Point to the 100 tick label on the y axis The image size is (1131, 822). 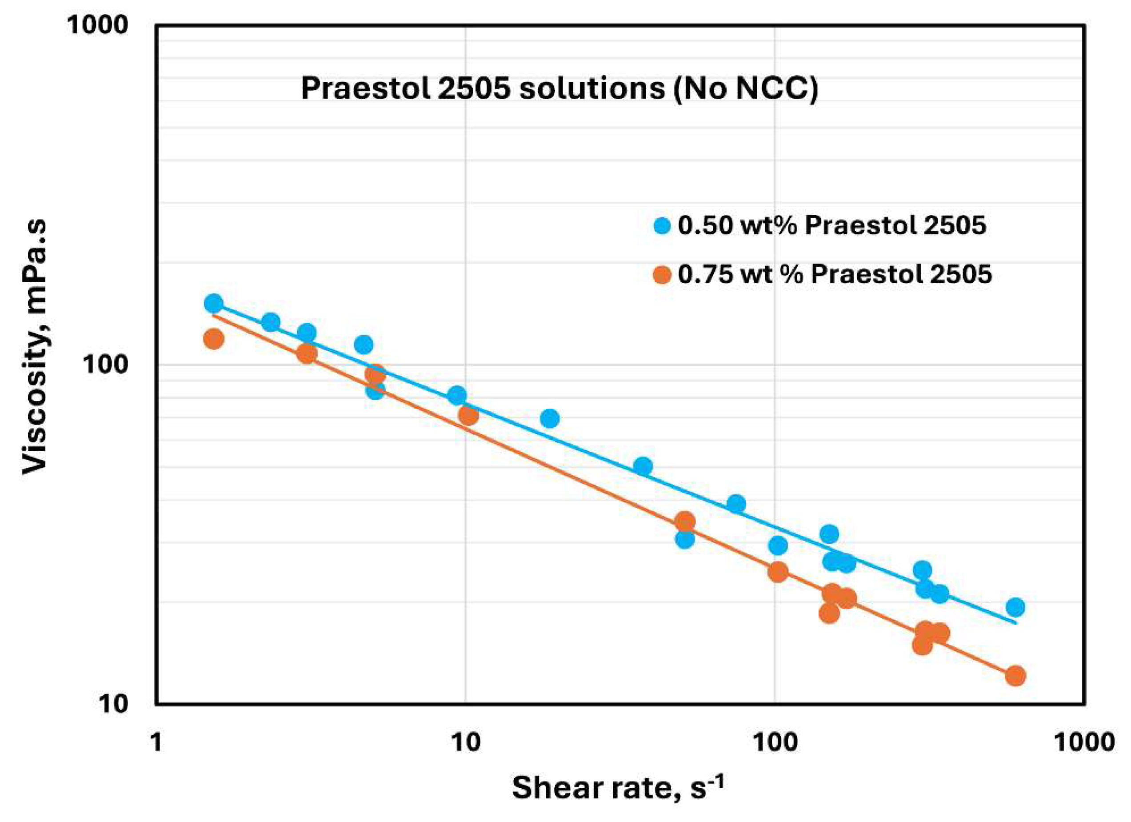105,364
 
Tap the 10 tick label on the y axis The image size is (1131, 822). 113,704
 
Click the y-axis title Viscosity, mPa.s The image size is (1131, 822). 35,347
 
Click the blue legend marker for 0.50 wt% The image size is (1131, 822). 662,226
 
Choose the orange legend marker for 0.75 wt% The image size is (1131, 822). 662,274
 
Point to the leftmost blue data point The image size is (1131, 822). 213,303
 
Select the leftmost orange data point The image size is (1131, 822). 213,339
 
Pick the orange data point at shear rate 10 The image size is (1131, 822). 468,414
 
